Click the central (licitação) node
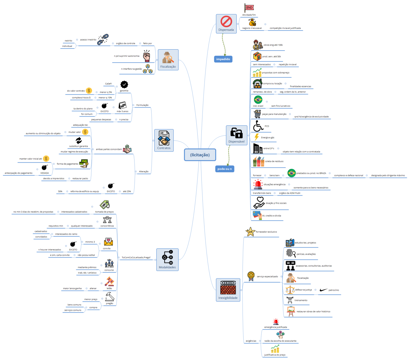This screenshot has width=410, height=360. click(200, 155)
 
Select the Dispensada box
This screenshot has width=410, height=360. click(226, 24)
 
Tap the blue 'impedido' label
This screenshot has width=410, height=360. click(223, 59)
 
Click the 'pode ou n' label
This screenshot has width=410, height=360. click(225, 169)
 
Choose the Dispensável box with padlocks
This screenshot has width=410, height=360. click(236, 135)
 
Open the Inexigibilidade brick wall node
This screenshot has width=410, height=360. click(228, 290)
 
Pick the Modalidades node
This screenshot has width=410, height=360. click(167, 259)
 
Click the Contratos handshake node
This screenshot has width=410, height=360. click(164, 140)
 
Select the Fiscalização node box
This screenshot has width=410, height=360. click(168, 60)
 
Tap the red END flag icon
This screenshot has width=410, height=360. click(249, 8)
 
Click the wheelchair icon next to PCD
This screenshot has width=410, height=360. click(258, 126)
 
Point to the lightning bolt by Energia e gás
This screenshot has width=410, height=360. click(256, 137)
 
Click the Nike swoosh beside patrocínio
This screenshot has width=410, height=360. click(324, 290)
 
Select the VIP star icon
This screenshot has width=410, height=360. click(250, 232)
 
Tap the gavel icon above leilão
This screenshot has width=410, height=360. click(109, 282)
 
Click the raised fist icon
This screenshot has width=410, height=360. click(146, 56)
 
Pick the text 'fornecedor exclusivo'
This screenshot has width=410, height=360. click(266, 232)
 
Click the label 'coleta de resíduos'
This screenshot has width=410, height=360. click(274, 161)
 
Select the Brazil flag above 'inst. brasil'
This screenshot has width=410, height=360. click(258, 100)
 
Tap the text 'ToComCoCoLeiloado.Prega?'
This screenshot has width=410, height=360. click(136, 257)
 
